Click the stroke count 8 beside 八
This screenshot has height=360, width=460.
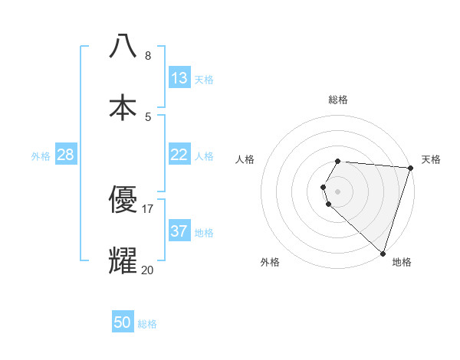[148, 55]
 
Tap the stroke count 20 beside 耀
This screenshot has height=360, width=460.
[148, 270]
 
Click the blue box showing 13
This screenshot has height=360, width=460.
[179, 78]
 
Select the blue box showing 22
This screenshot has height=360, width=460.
[179, 155]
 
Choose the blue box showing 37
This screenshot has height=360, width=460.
[179, 231]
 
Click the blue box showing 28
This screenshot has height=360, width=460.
[66, 155]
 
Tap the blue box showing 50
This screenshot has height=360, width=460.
[123, 322]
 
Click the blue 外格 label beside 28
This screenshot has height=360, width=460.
[41, 156]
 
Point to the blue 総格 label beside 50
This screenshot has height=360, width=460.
[147, 324]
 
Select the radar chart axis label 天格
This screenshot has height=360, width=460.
[431, 159]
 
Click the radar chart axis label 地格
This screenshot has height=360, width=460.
[402, 262]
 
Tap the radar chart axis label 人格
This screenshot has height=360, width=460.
[245, 159]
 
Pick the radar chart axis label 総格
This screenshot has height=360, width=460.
[338, 100]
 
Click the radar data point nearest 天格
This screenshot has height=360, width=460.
[410, 168]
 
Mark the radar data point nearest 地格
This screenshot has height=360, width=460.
[383, 253]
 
